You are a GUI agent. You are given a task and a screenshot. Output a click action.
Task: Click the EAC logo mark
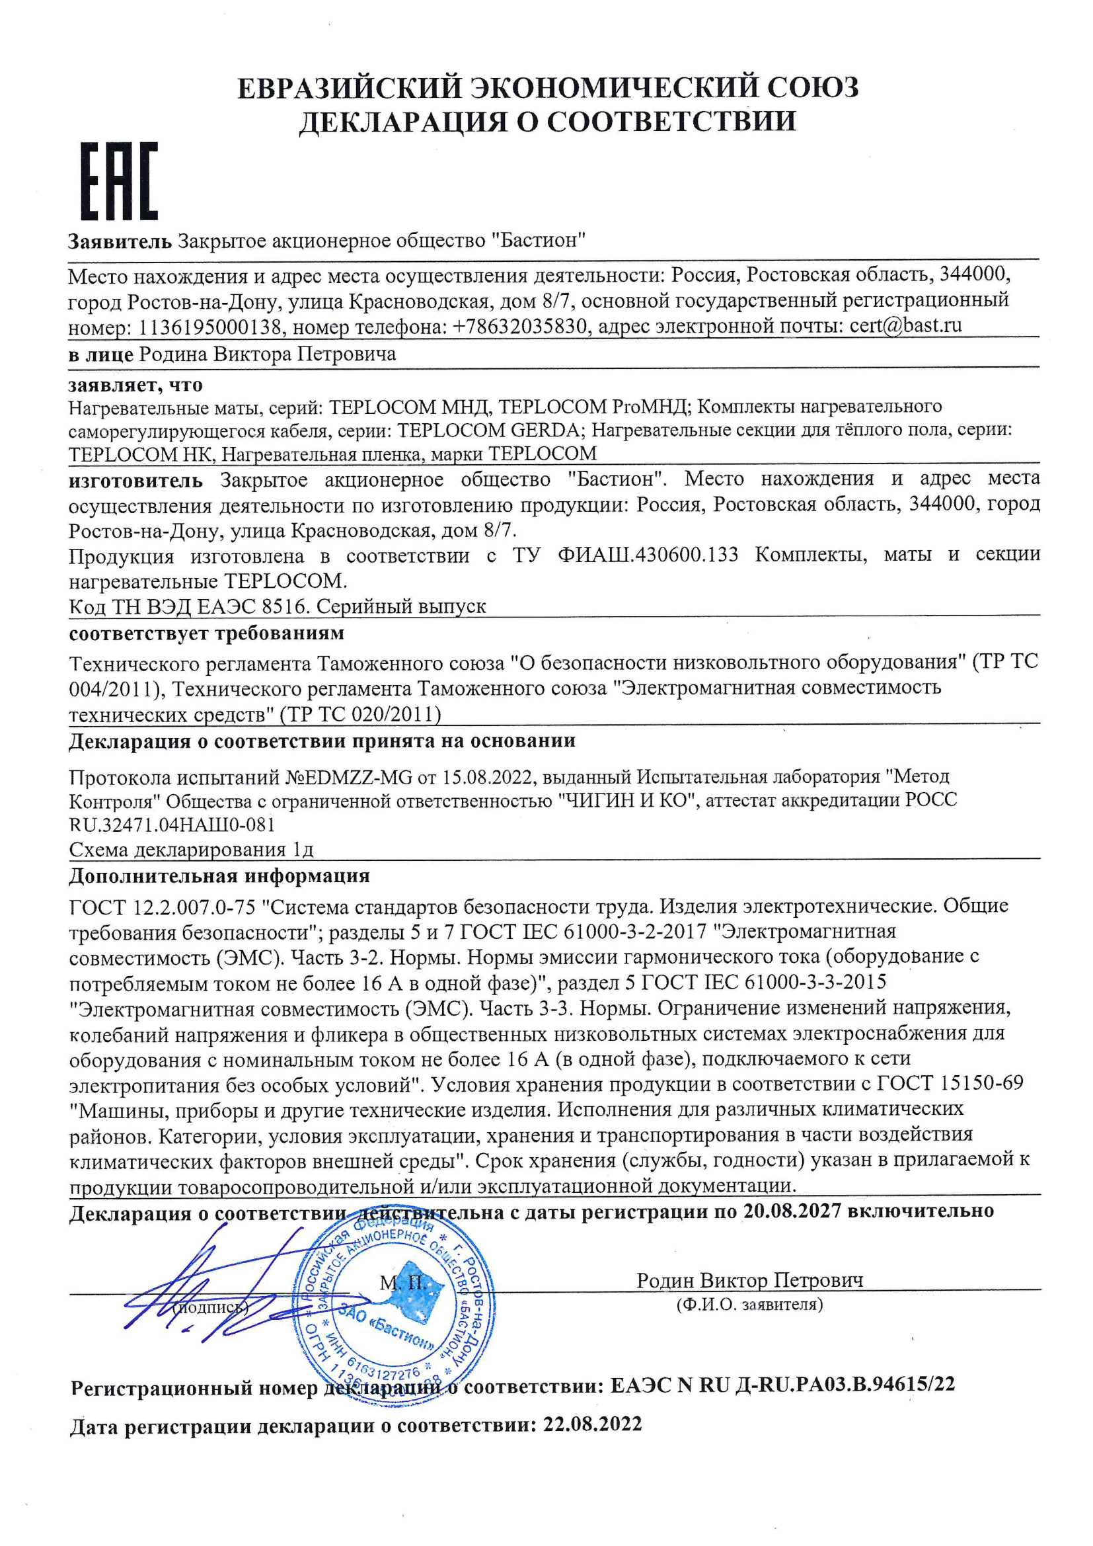[119, 181]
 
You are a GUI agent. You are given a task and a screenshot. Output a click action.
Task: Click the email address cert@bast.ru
[905, 326]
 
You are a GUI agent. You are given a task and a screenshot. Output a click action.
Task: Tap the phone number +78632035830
[519, 327]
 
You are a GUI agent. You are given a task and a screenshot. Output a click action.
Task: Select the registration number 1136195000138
[211, 328]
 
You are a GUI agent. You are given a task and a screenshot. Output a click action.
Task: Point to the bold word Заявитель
[120, 241]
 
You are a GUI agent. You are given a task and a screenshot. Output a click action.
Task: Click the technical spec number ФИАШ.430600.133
[648, 555]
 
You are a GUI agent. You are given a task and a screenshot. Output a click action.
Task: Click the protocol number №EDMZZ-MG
[349, 777]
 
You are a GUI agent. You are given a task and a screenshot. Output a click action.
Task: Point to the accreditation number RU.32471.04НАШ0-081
[172, 824]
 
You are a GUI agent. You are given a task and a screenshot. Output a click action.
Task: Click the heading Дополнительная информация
[219, 876]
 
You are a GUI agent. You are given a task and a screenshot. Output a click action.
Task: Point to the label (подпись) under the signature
[210, 1308]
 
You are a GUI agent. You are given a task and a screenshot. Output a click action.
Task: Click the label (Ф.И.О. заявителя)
[749, 1305]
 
